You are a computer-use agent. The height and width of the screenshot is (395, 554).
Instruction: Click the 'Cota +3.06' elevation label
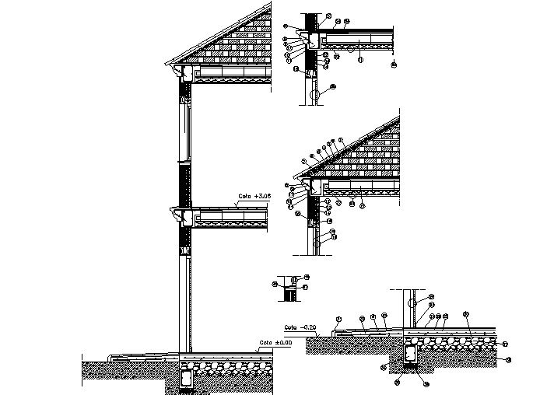[254, 197]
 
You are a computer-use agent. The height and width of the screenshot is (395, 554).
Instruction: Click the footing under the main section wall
[187, 379]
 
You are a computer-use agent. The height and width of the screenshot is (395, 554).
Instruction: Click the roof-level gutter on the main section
[187, 73]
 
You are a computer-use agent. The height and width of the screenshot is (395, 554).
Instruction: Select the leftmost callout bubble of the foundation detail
[338, 319]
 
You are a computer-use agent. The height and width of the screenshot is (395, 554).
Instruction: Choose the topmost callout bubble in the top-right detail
[328, 16]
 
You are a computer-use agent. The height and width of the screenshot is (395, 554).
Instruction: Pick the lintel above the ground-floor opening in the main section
[185, 250]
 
